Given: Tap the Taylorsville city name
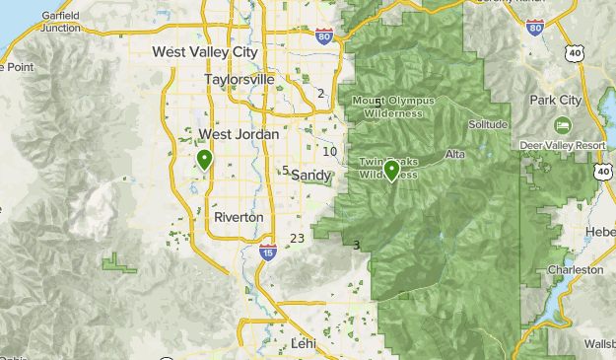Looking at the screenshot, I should [238, 79].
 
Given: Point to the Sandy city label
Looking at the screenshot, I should [310, 176].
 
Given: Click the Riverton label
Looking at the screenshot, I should [239, 217].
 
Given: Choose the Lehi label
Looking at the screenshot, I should [303, 343].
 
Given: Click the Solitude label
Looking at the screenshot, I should [489, 124].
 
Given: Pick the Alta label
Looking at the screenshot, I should [454, 155].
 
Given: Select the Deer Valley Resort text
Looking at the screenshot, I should [563, 145].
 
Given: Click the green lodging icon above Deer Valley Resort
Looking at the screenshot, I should [563, 125].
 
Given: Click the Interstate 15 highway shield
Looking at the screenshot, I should [268, 252].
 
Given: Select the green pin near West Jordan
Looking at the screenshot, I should [205, 158].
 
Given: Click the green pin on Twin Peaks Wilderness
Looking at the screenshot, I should [392, 170].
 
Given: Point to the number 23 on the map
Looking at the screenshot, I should [297, 239].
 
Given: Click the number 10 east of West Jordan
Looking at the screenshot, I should [330, 151].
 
